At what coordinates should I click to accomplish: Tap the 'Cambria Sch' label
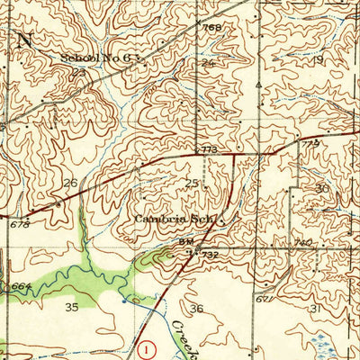click(x=175, y=219)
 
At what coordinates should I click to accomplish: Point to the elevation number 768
click(x=211, y=28)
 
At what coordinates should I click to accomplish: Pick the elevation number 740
click(x=303, y=243)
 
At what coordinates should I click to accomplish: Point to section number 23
click(x=79, y=71)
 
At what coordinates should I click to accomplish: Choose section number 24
click(x=210, y=64)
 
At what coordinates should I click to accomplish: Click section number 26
click(x=69, y=183)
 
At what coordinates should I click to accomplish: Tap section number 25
click(x=190, y=184)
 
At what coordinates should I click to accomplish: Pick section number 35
click(x=71, y=307)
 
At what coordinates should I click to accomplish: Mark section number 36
click(x=197, y=310)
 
